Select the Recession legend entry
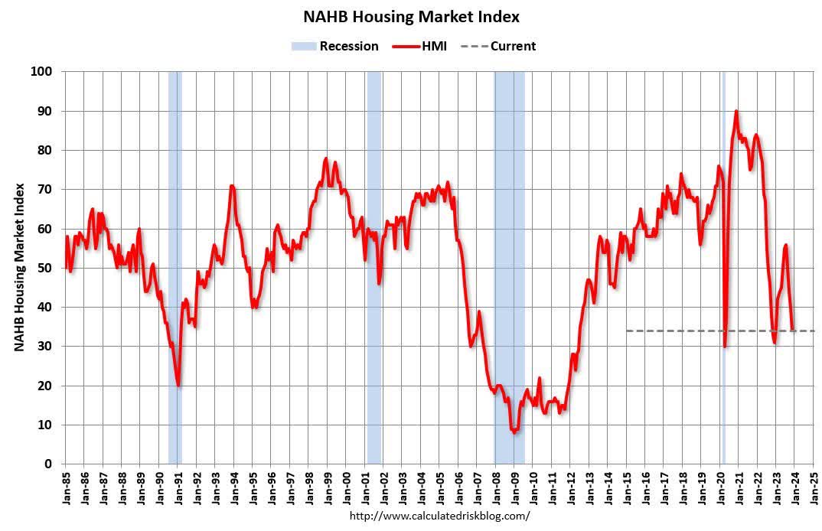pyautogui.click(x=334, y=46)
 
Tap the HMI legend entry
pyautogui.click(x=421, y=46)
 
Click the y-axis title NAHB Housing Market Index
pyautogui.click(x=20, y=267)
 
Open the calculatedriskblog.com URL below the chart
pyautogui.click(x=439, y=516)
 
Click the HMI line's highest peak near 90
pyautogui.click(x=736, y=112)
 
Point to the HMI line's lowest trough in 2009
pyautogui.click(x=514, y=432)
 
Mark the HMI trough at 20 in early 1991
pyautogui.click(x=178, y=385)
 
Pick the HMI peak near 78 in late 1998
pyautogui.click(x=326, y=159)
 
